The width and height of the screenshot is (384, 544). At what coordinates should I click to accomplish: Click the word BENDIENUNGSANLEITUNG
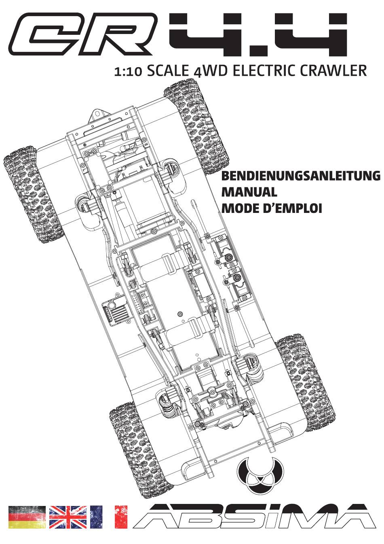(x=301, y=176)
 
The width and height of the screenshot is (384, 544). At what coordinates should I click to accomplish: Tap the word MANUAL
(x=249, y=192)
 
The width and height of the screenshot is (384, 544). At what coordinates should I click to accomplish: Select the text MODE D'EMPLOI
(x=272, y=208)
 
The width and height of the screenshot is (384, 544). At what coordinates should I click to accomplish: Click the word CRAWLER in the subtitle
(x=333, y=70)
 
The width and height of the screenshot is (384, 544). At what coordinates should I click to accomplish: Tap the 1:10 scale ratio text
(x=128, y=72)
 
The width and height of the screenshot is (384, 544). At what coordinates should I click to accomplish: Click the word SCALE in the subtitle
(x=168, y=70)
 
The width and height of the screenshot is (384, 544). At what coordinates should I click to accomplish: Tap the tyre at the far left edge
(x=34, y=194)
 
